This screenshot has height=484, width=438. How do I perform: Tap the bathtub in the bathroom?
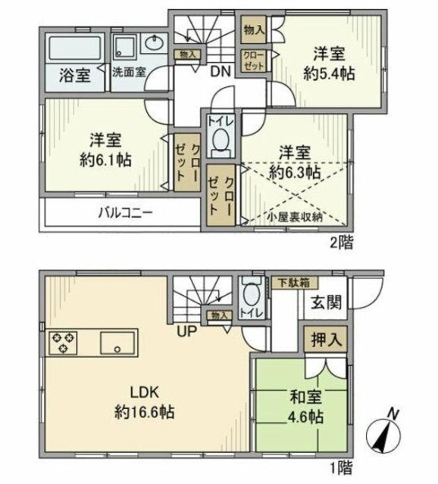tap(74, 51)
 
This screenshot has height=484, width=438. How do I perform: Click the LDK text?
tap(144, 393)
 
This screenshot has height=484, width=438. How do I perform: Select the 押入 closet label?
tap(325, 340)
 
